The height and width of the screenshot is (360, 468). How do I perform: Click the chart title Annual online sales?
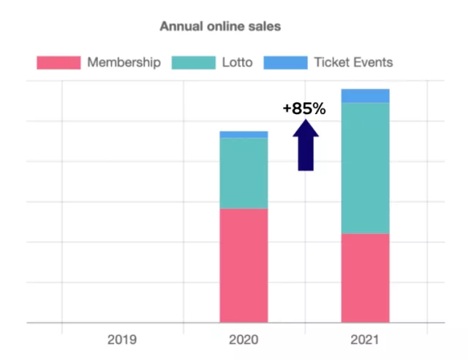tap(220, 26)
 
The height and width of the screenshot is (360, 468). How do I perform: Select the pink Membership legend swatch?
tap(58, 62)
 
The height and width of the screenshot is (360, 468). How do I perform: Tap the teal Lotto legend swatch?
tap(193, 62)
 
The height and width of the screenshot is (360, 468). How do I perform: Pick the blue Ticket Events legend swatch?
tap(285, 62)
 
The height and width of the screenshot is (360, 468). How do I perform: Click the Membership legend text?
tap(124, 62)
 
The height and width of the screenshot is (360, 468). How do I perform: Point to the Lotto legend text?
tap(237, 62)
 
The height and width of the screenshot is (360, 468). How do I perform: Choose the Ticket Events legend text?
tap(353, 62)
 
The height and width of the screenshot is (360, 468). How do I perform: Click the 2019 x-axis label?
tap(122, 340)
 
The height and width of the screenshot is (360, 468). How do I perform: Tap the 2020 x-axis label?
tap(244, 340)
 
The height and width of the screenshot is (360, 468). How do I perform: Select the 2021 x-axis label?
tap(365, 340)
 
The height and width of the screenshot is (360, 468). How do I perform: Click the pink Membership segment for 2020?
tap(244, 265)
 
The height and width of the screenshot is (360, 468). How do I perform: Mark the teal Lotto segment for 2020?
tap(244, 173)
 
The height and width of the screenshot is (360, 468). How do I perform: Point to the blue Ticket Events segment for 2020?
tap(244, 135)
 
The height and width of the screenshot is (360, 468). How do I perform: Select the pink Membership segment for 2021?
tap(365, 277)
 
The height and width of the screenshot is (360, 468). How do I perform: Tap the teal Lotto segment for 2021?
tap(365, 168)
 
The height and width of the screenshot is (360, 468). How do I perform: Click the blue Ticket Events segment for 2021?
tap(365, 96)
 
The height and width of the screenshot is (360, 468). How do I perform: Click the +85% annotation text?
tap(304, 109)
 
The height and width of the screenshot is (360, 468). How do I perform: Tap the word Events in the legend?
tap(373, 62)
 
